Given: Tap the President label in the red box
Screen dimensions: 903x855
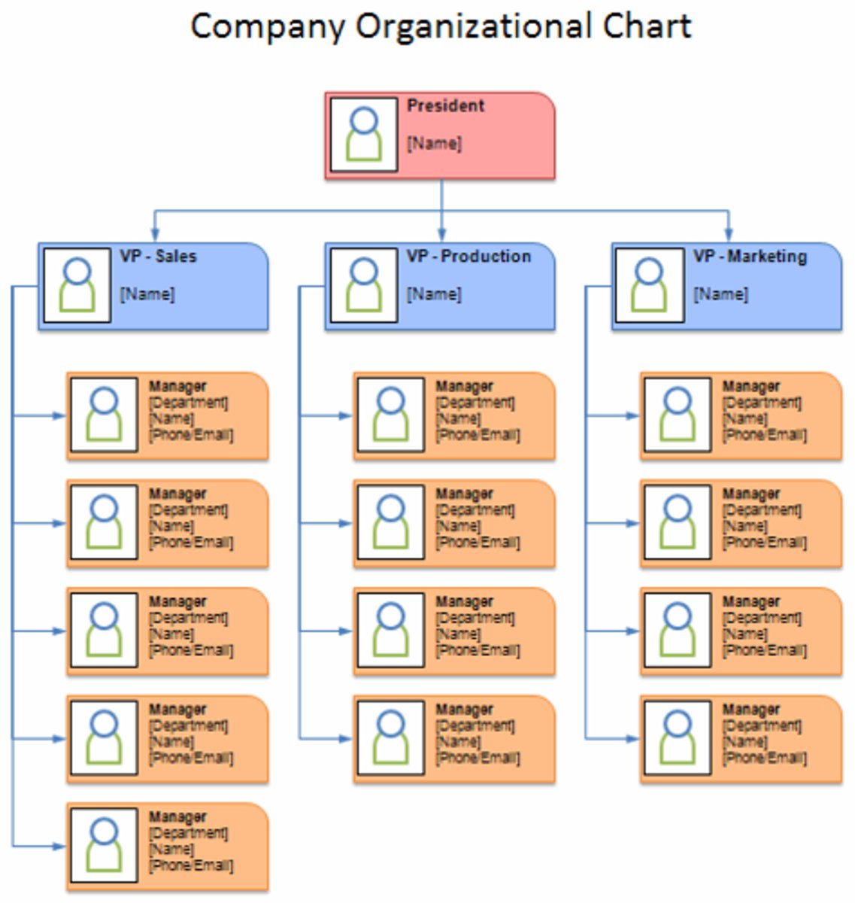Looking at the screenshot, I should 446,106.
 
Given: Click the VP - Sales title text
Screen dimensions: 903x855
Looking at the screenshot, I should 158,257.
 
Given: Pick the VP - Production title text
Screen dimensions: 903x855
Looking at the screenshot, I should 468,257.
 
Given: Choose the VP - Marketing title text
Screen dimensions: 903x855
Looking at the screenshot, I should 750,257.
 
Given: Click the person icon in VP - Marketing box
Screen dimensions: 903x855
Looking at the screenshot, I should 649,285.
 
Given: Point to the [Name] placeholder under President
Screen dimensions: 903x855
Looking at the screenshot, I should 435,143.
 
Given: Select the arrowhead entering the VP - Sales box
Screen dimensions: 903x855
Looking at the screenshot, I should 154,235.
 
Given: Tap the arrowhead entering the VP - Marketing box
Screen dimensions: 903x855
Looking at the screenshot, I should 728,235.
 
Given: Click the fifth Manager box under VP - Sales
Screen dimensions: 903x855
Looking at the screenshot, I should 168,847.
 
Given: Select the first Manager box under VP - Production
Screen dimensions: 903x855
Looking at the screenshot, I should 454,415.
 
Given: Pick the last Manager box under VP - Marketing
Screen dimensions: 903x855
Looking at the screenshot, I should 741,739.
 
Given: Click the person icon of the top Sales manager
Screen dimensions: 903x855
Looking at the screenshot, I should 104,415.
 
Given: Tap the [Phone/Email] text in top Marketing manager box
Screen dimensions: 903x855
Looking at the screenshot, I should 765,435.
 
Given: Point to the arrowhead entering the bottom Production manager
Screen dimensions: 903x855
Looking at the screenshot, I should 346,739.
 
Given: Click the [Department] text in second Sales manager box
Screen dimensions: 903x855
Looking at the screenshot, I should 188,510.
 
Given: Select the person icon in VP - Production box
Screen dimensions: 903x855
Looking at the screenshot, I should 364,285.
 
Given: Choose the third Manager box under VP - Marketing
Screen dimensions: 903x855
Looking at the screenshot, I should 741,631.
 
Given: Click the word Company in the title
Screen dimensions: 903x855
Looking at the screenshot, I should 268,27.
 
